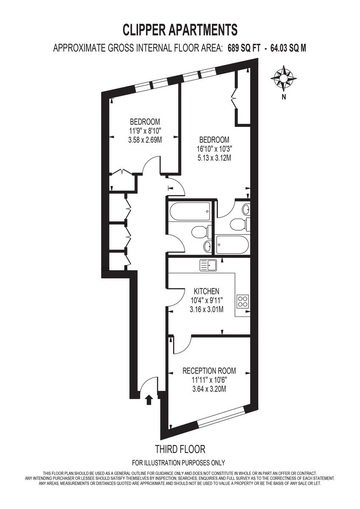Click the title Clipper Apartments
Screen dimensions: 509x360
pyautogui.click(x=180, y=30)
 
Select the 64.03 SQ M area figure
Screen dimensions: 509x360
pyautogui.click(x=287, y=48)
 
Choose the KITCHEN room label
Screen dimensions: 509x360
pyautogui.click(x=207, y=291)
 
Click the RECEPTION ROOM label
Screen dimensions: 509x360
pyautogui.click(x=209, y=371)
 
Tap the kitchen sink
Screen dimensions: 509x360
pyautogui.click(x=208, y=265)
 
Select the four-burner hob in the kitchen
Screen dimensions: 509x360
pyautogui.click(x=243, y=301)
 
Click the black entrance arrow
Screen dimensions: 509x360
pyautogui.click(x=149, y=400)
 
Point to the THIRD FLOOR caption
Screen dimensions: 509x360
pyautogui.click(x=180, y=449)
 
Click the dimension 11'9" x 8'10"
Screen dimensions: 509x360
pyautogui.click(x=145, y=130)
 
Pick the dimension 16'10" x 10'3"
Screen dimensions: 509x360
pyautogui.click(x=214, y=149)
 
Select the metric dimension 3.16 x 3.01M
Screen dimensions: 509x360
pyautogui.click(x=207, y=309)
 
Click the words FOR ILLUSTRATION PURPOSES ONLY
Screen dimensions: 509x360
pyautogui.click(x=179, y=463)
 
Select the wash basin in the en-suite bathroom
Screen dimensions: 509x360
pyautogui.click(x=246, y=208)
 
